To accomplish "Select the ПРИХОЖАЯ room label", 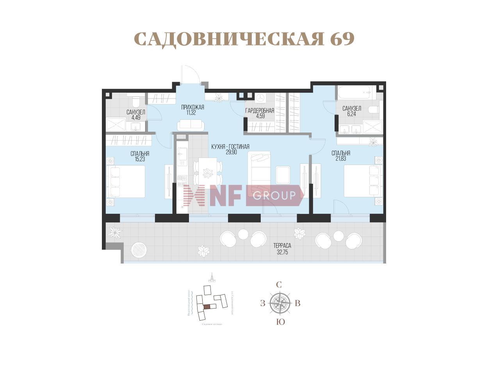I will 192,107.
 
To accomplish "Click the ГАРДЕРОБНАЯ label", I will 260,111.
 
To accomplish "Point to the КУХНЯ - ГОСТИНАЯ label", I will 230,147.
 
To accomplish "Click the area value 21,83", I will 340,159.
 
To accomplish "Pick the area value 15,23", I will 140,159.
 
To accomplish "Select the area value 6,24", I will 351,114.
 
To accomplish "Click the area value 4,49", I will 135,117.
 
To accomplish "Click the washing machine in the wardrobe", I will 260,97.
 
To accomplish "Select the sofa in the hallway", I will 191,125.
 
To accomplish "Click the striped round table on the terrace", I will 139,249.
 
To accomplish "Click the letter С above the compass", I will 279,285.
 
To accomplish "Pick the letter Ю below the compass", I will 280,322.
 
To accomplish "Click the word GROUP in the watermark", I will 274,195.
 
